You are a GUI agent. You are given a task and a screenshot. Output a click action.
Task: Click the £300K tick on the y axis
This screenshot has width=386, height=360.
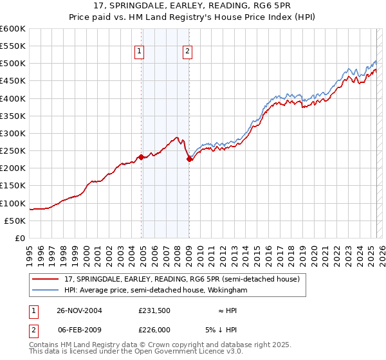tap(13, 133)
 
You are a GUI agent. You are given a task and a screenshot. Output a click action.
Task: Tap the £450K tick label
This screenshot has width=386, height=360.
tap(13, 81)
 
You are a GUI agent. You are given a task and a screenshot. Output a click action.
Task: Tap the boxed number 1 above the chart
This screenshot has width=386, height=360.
tap(140, 53)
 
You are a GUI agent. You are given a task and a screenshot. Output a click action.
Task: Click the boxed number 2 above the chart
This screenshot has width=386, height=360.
tap(187, 53)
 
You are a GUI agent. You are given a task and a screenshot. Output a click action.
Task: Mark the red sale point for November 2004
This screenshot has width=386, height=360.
tap(141, 157)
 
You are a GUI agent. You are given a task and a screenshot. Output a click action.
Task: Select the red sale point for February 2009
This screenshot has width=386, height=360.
tap(189, 159)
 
